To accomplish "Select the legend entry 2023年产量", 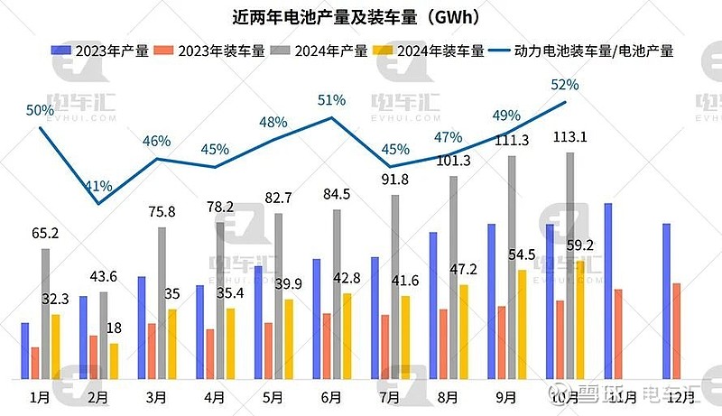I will click(99, 51).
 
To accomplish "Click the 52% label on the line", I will click(564, 85).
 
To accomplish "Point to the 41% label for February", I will click(98, 187).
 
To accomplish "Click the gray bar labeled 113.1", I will click(569, 266).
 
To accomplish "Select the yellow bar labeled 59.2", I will click(579, 320).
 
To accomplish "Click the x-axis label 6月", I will click(330, 396).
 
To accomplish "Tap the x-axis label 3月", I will click(156, 396).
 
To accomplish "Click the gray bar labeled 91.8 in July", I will click(395, 287).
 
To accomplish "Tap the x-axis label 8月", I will click(448, 396).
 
